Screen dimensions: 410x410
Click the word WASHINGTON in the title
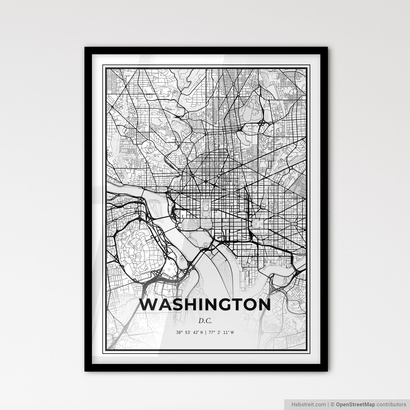click(205, 305)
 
